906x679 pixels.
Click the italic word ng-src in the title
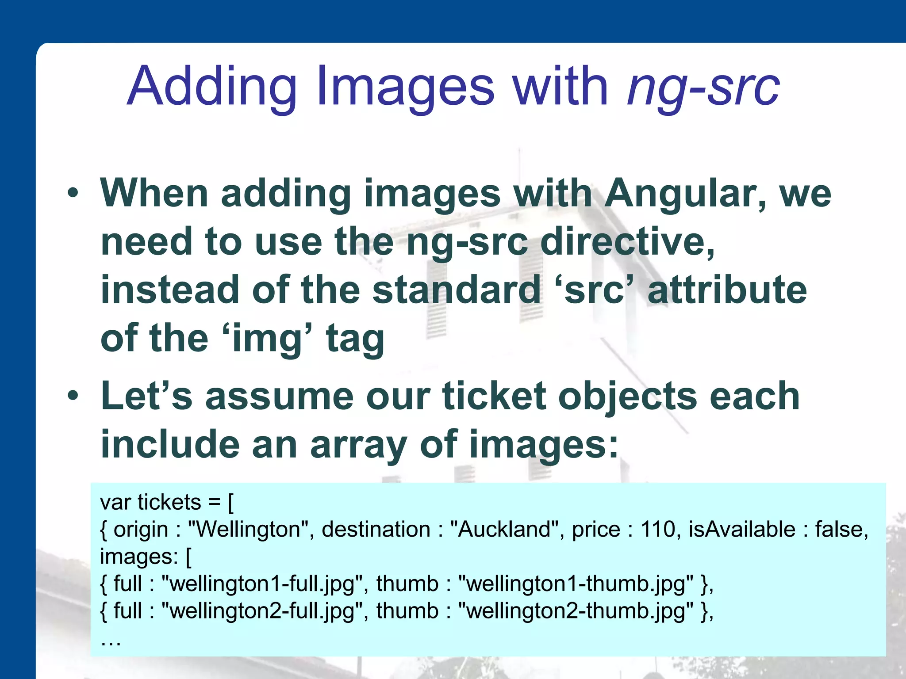click(x=703, y=86)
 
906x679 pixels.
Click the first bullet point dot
click(x=73, y=193)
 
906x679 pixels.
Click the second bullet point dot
click(x=73, y=396)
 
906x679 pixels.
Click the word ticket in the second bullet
click(x=494, y=396)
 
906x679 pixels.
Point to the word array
click(x=358, y=444)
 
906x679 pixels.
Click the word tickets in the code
click(x=169, y=502)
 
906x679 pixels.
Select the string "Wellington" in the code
click(x=248, y=529)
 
